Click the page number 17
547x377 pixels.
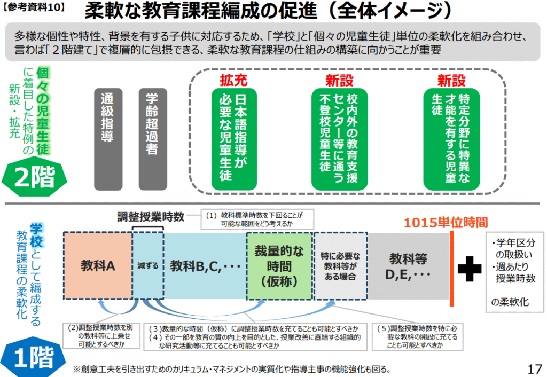point(534,369)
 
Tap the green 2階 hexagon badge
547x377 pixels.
point(34,177)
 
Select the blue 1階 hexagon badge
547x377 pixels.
point(34,357)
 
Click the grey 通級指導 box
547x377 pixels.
point(108,139)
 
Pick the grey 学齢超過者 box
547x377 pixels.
point(153,139)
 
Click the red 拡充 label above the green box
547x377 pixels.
point(233,81)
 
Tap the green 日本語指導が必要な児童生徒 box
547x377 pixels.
point(234,139)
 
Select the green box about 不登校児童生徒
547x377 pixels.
point(339,139)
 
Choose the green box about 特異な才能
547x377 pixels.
point(451,139)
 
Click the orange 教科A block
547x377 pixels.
point(98,266)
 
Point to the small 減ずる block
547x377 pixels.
point(148,266)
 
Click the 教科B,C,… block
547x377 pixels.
point(205,266)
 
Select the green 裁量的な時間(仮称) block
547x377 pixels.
point(279,266)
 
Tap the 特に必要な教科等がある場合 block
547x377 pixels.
point(340,266)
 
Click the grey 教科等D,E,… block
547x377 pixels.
point(408,266)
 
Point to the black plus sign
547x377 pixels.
point(469,269)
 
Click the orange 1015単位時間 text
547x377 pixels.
point(446,222)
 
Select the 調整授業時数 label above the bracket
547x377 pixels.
point(150,217)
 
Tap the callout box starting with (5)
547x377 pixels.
point(418,336)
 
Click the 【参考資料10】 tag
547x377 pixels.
point(34,7)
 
